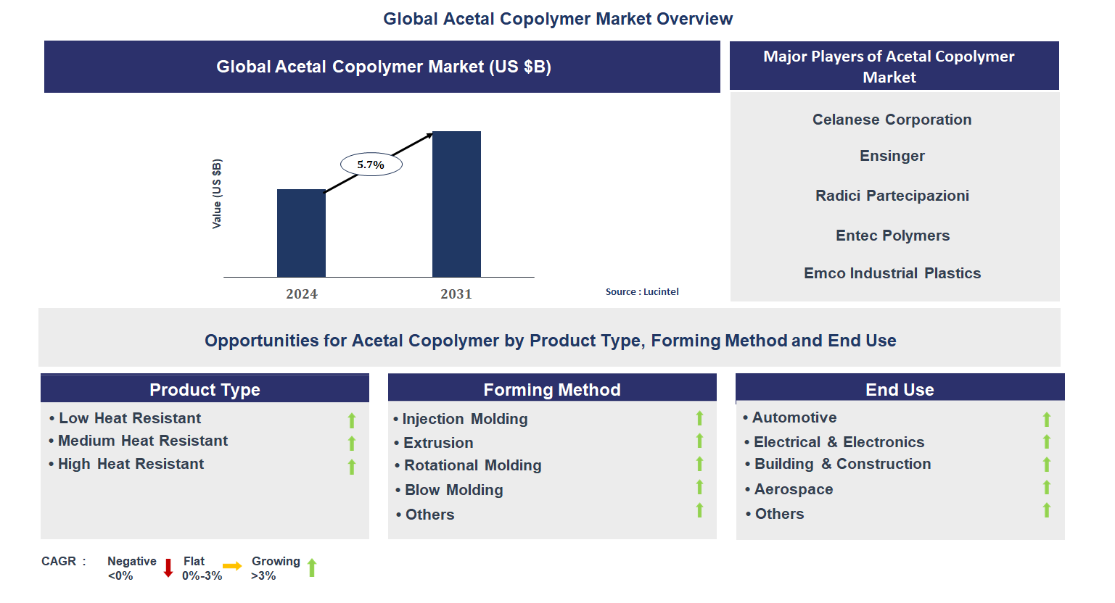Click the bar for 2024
[301, 233]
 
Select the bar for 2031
[456, 204]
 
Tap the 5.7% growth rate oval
[371, 165]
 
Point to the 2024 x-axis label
[302, 294]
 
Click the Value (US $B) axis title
[217, 194]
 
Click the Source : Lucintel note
[642, 291]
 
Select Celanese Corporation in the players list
[892, 120]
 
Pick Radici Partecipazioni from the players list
[892, 196]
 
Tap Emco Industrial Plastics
[892, 273]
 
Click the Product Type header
[205, 389]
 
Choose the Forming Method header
[551, 389]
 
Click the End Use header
[900, 389]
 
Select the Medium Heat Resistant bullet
[142, 441]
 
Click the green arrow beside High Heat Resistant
[352, 467]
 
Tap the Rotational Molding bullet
[472, 465]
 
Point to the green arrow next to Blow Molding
[699, 487]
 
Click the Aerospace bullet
[793, 489]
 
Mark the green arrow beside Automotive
[1046, 419]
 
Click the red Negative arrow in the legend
[168, 567]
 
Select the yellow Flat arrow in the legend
[232, 566]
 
